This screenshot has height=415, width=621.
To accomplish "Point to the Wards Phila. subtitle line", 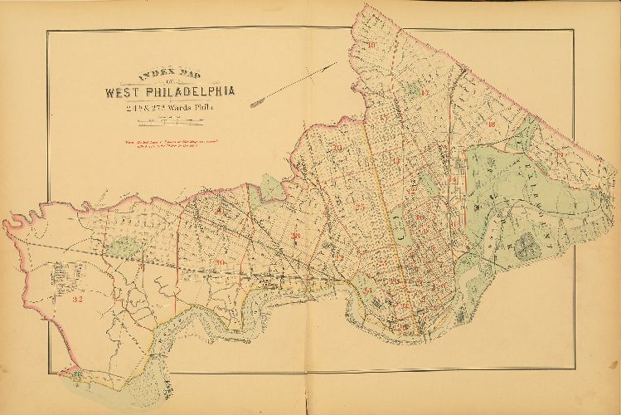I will (x=172, y=105).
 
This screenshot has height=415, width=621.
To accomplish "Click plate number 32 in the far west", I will (x=77, y=297).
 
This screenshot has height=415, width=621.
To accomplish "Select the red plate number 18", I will (x=491, y=124).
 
